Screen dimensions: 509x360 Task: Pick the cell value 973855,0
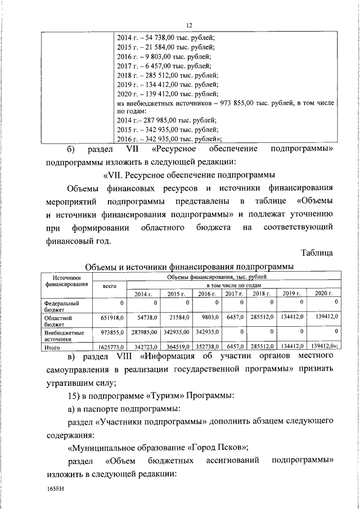[x=111, y=333]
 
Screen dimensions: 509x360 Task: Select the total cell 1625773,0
[x=110, y=348]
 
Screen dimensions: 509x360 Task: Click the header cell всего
[x=110, y=287]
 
